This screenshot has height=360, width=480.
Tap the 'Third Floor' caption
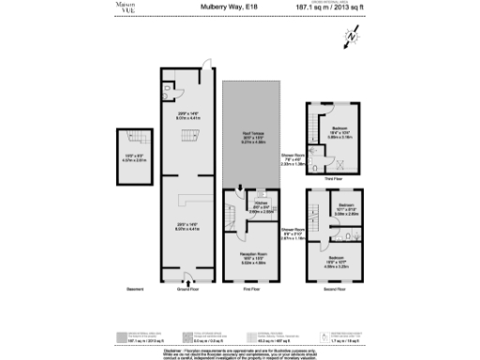click(332, 177)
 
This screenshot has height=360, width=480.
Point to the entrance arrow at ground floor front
click(189, 279)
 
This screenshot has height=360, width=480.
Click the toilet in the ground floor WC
click(165, 95)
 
